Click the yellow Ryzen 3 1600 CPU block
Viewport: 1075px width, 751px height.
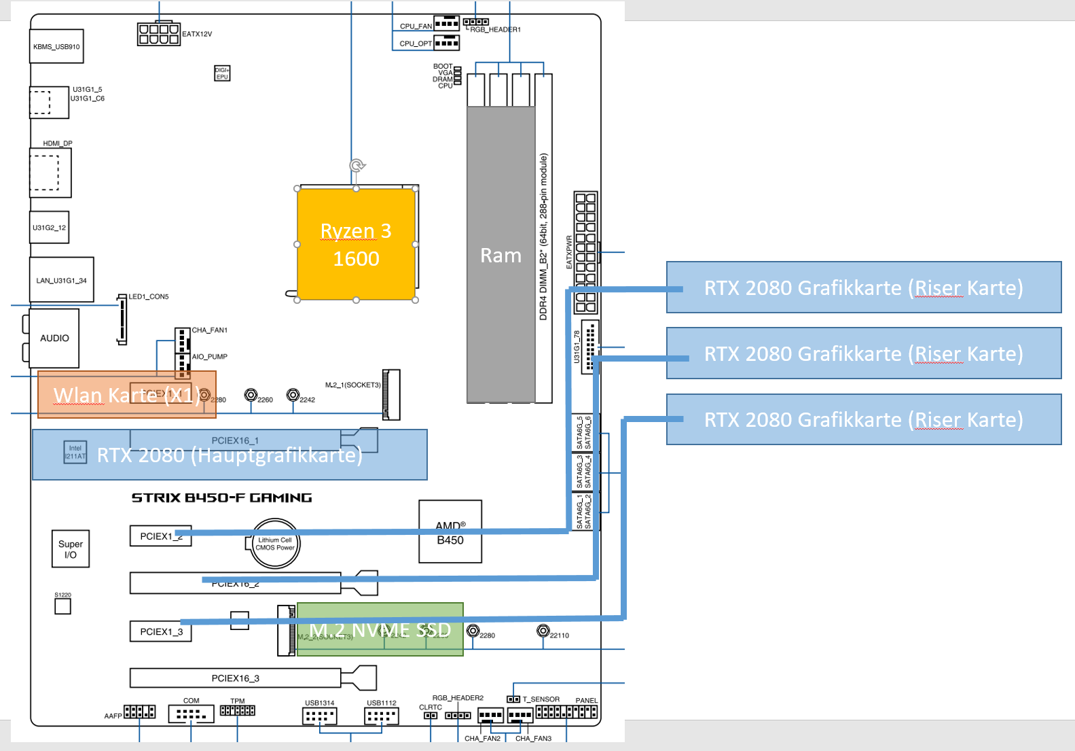tap(356, 244)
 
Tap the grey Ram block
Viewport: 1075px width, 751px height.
tap(500, 255)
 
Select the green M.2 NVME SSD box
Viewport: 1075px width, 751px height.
tap(380, 629)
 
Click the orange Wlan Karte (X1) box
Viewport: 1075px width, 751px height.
tap(127, 394)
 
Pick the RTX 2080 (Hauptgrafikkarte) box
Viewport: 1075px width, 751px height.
tap(230, 455)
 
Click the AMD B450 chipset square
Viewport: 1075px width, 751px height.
tap(450, 532)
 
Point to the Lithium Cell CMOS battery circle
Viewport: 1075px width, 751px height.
tap(275, 544)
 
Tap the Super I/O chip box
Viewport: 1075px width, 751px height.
tap(71, 549)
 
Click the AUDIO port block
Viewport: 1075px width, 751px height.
tap(54, 338)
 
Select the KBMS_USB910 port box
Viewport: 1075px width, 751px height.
tap(56, 46)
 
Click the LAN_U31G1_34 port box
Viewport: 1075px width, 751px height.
tap(62, 280)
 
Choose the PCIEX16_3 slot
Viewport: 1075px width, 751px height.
tap(236, 678)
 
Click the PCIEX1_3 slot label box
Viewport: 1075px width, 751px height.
tap(161, 631)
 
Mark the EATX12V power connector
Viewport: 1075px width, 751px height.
tap(158, 34)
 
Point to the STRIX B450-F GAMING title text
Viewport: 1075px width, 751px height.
tap(221, 498)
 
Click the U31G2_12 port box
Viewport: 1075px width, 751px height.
tap(49, 228)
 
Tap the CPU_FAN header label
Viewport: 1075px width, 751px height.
tap(416, 27)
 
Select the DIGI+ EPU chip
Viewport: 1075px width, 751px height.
tap(222, 73)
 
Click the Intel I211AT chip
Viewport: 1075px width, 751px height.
tap(75, 452)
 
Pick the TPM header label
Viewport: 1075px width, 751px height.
tap(237, 701)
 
